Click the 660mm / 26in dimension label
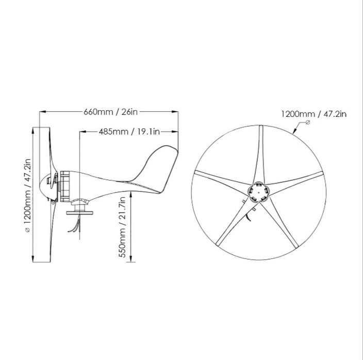(109, 111)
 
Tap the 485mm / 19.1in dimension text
(129, 132)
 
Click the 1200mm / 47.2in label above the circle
(313, 114)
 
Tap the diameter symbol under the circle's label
(308, 123)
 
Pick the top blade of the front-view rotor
(260, 155)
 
